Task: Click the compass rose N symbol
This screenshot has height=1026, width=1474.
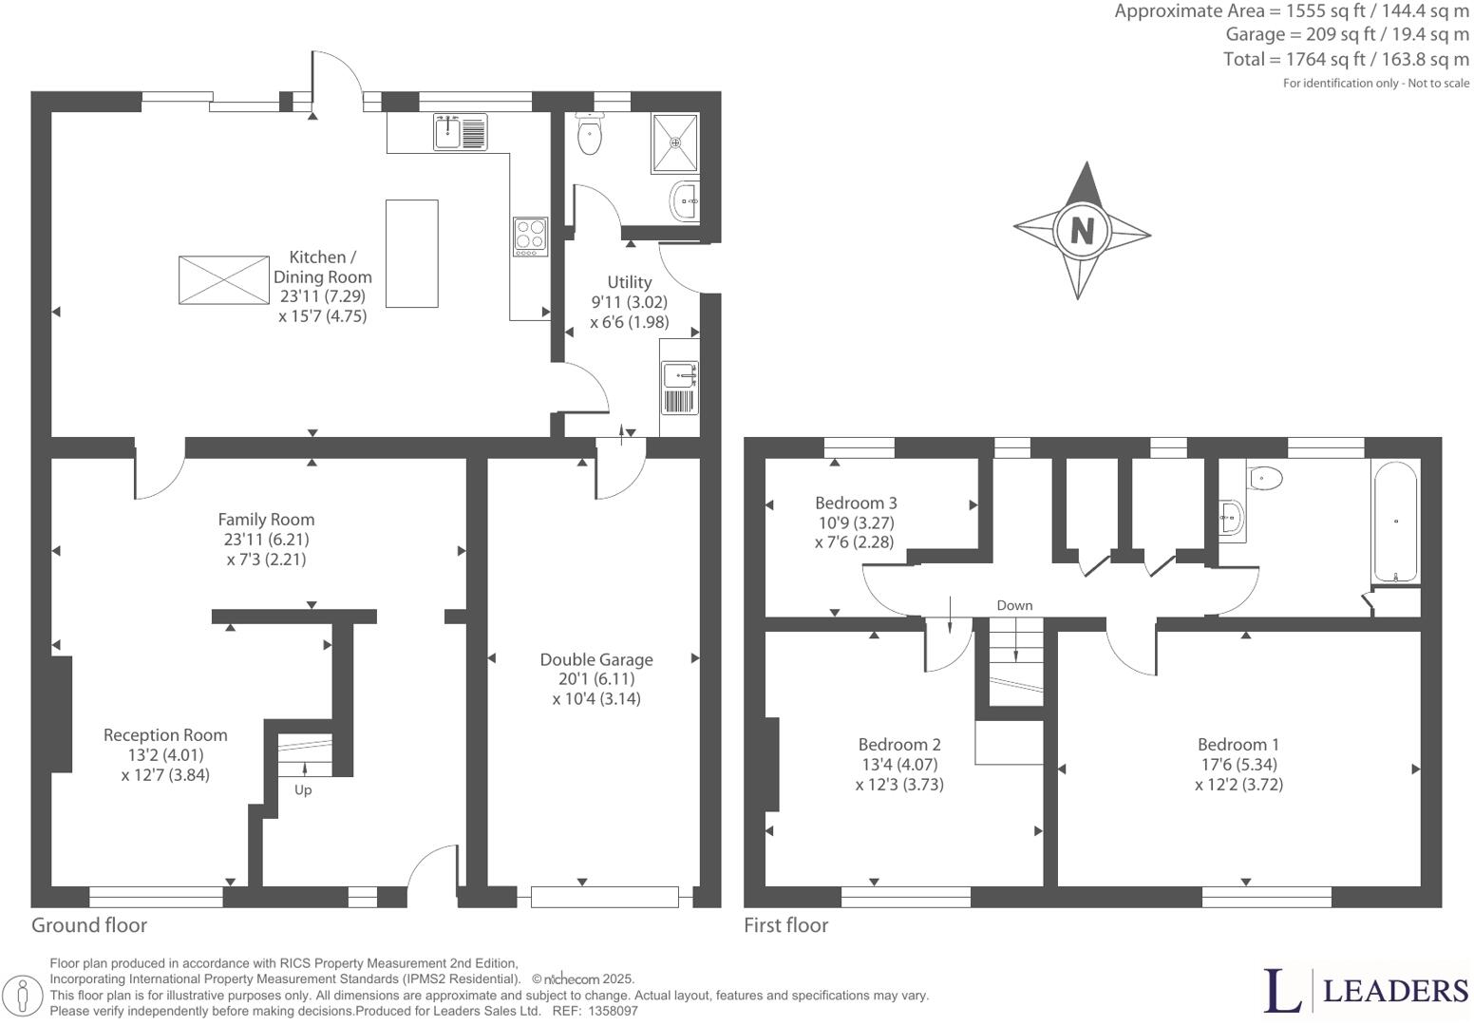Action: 1082,230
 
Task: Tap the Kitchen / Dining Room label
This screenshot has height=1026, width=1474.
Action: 323,267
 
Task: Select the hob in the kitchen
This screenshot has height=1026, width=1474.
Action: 530,236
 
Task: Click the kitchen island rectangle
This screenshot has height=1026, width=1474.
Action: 411,254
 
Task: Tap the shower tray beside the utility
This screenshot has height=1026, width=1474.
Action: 675,143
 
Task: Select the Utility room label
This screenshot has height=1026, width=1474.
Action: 629,282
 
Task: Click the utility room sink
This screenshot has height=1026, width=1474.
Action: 679,376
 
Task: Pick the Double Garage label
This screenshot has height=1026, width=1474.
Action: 596,659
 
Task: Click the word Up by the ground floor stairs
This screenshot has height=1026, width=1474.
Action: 303,789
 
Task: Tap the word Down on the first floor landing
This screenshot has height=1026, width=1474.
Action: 1014,605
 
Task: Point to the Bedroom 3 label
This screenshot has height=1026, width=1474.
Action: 856,503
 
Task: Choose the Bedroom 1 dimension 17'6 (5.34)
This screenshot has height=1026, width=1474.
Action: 1238,765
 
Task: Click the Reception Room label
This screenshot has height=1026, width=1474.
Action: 165,734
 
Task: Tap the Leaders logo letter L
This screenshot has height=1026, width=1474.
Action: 1282,991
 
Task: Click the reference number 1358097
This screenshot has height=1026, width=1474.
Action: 614,1012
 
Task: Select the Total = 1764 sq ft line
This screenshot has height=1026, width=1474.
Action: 1346,59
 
